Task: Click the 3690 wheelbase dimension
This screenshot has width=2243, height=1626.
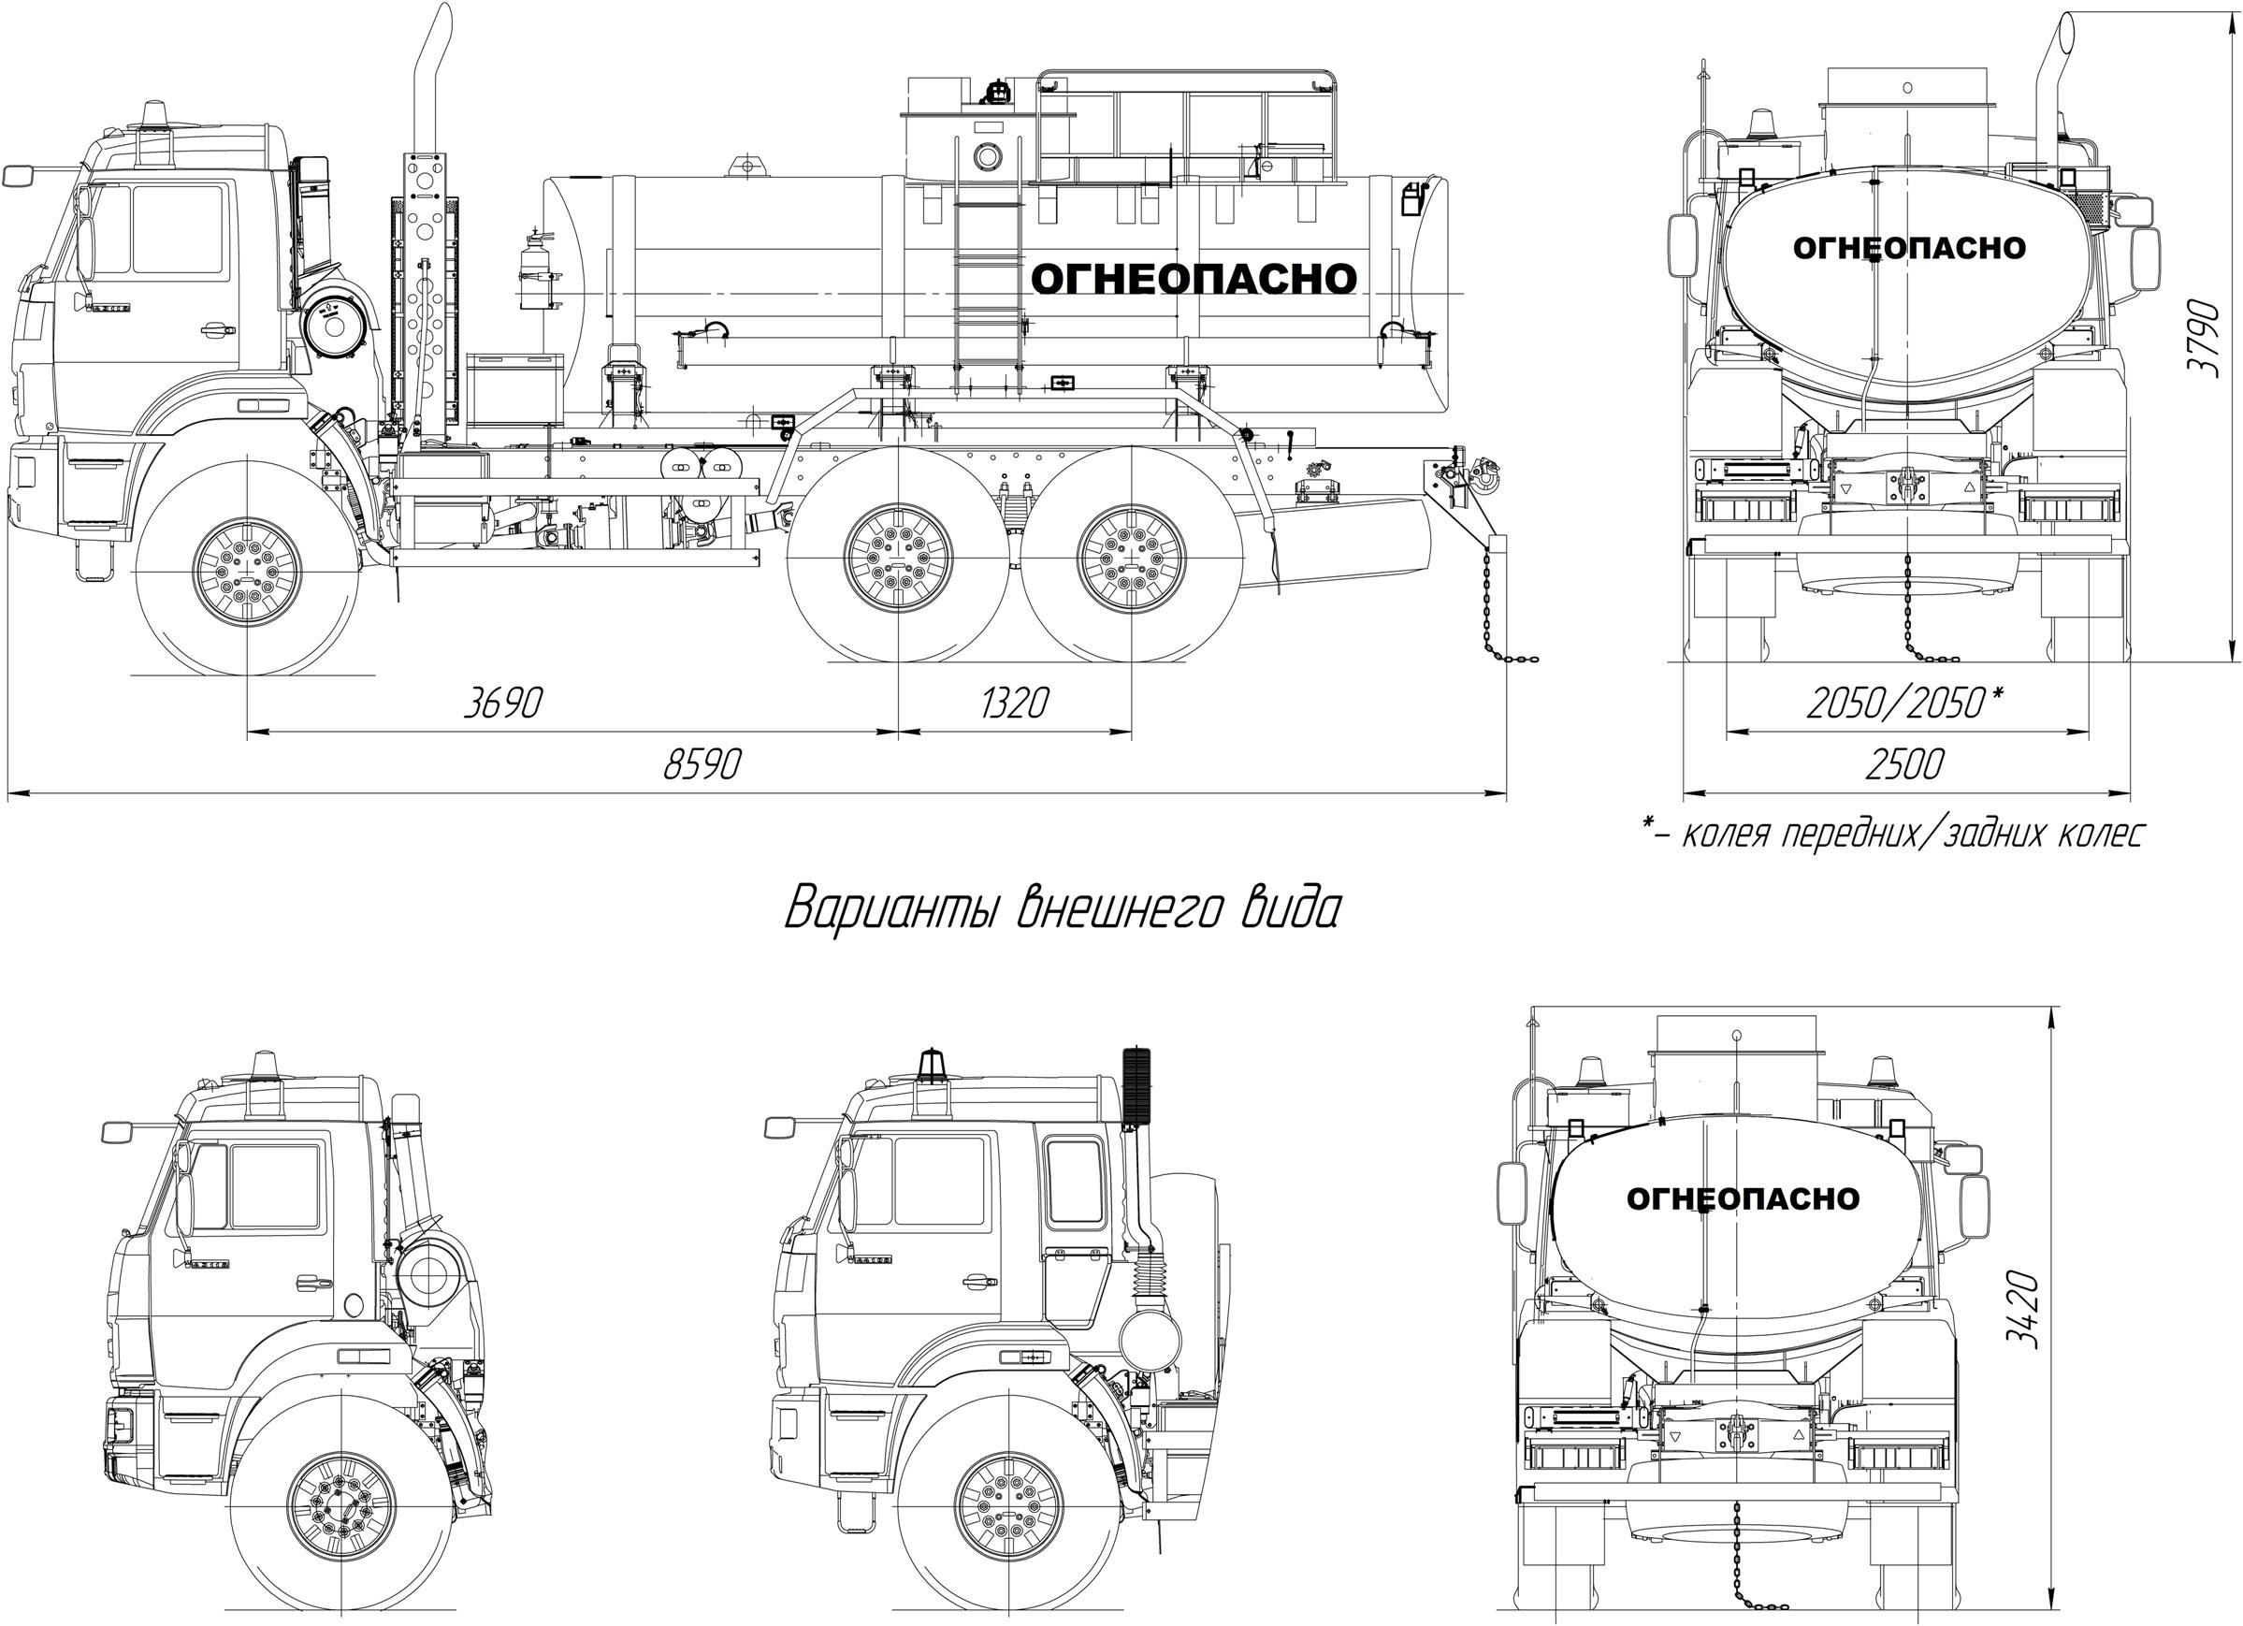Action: pyautogui.click(x=503, y=704)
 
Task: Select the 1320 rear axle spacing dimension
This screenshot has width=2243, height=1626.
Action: pyautogui.click(x=1014, y=704)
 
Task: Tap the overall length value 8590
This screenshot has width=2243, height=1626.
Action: pyautogui.click(x=702, y=764)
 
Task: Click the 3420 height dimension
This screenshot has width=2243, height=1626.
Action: pyautogui.click(x=2023, y=1308)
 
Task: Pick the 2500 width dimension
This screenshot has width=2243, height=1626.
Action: pyautogui.click(x=1904, y=764)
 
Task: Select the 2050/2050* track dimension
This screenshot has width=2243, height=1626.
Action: pyautogui.click(x=1904, y=704)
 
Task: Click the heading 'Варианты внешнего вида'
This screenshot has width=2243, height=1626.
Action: pyautogui.click(x=1063, y=906)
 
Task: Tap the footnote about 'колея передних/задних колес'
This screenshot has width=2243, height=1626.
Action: pyautogui.click(x=1893, y=834)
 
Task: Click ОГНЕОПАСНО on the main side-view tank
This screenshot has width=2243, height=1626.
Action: pyautogui.click(x=1194, y=279)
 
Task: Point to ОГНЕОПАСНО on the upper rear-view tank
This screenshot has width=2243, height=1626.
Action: pyautogui.click(x=1909, y=247)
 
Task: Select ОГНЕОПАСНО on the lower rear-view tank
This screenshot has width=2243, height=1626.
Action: pyautogui.click(x=1743, y=1198)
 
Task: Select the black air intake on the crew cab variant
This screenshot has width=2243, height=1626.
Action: pyautogui.click(x=1137, y=1084)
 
